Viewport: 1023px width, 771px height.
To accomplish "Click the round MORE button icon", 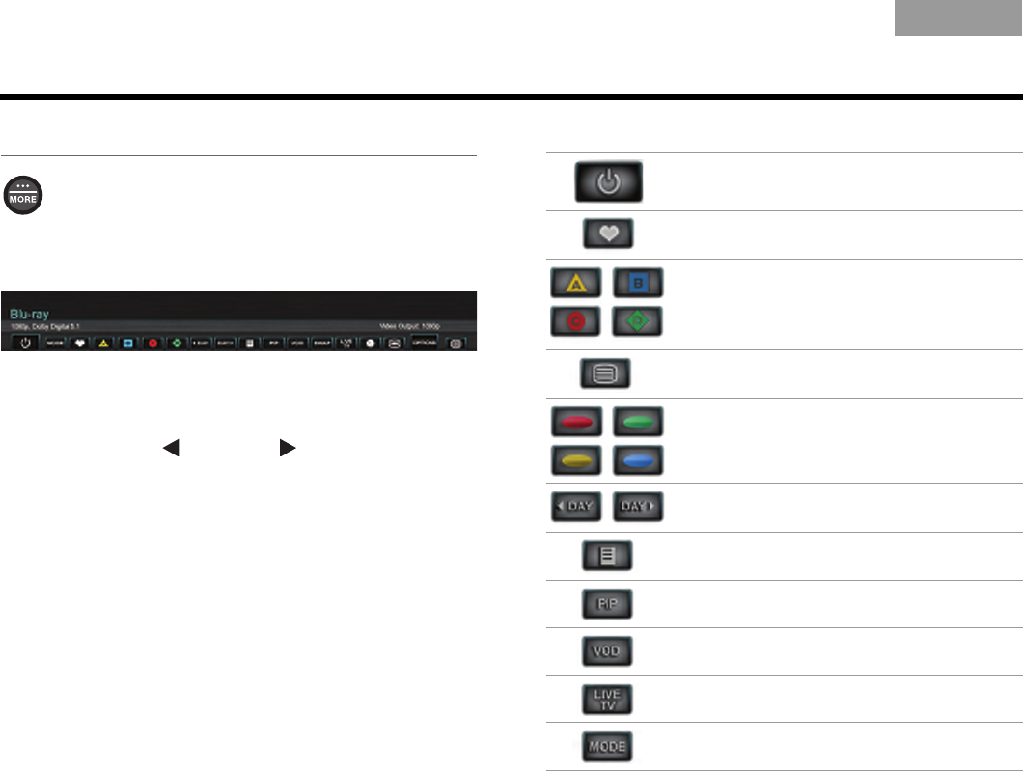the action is click(24, 195).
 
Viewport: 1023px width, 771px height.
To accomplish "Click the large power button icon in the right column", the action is click(609, 181).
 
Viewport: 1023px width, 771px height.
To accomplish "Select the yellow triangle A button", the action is click(575, 283).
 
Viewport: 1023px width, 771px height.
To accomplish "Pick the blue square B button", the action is click(638, 283).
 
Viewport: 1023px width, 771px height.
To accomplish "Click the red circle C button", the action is click(575, 321).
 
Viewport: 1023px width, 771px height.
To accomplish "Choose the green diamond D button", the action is click(638, 321).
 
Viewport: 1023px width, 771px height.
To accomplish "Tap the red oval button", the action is click(575, 422).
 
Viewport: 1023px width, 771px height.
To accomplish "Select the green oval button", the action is click(638, 422).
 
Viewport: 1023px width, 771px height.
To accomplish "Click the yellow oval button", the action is click(575, 460).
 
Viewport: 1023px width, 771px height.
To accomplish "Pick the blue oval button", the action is click(638, 460).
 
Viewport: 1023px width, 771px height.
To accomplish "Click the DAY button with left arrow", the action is click(576, 508).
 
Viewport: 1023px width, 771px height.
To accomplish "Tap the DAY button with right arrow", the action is click(639, 508).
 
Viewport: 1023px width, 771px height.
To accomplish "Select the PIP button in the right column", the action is click(609, 604).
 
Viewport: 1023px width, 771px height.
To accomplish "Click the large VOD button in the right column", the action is click(609, 652).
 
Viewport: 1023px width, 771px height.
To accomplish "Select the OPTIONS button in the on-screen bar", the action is click(425, 342).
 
